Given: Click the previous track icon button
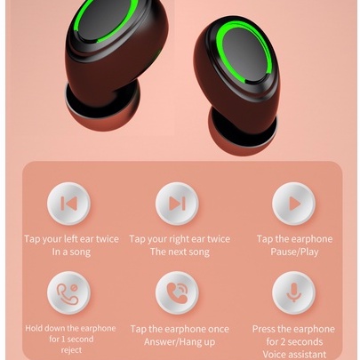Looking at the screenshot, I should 68,204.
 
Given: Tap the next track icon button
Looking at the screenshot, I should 177,204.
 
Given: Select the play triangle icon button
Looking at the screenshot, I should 293,204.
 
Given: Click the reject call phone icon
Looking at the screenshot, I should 68,292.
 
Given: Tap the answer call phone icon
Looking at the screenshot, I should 177,292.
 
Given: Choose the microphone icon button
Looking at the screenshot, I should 293,292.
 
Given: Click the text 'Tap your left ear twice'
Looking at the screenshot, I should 71,239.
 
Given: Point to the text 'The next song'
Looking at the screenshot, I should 180,252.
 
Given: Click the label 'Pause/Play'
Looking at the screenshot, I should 294,252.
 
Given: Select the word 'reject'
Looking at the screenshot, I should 70,349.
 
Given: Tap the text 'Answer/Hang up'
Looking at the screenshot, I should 180,341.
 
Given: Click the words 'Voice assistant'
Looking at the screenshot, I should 294,354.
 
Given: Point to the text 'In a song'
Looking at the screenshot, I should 71,252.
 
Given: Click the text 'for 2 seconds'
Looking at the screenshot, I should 294,341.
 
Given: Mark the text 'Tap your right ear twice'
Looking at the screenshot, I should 180,239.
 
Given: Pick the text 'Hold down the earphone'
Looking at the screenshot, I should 70,328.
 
